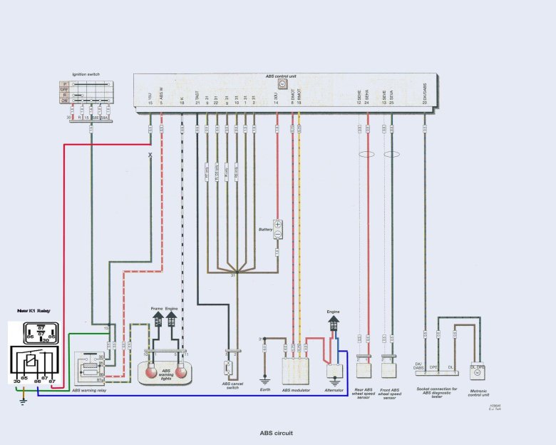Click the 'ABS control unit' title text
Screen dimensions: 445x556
click(282, 76)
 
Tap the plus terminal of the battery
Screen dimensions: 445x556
click(279, 224)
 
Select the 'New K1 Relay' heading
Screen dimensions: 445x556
click(34, 312)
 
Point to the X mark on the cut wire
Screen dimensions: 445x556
click(150, 155)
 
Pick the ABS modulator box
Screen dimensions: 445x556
click(295, 370)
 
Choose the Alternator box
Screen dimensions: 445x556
click(334, 371)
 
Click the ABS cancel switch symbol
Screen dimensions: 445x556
click(229, 368)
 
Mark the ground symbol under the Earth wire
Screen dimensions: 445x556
click(264, 381)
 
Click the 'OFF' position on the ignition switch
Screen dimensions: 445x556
click(65, 89)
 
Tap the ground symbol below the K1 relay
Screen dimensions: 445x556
click(23, 401)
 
